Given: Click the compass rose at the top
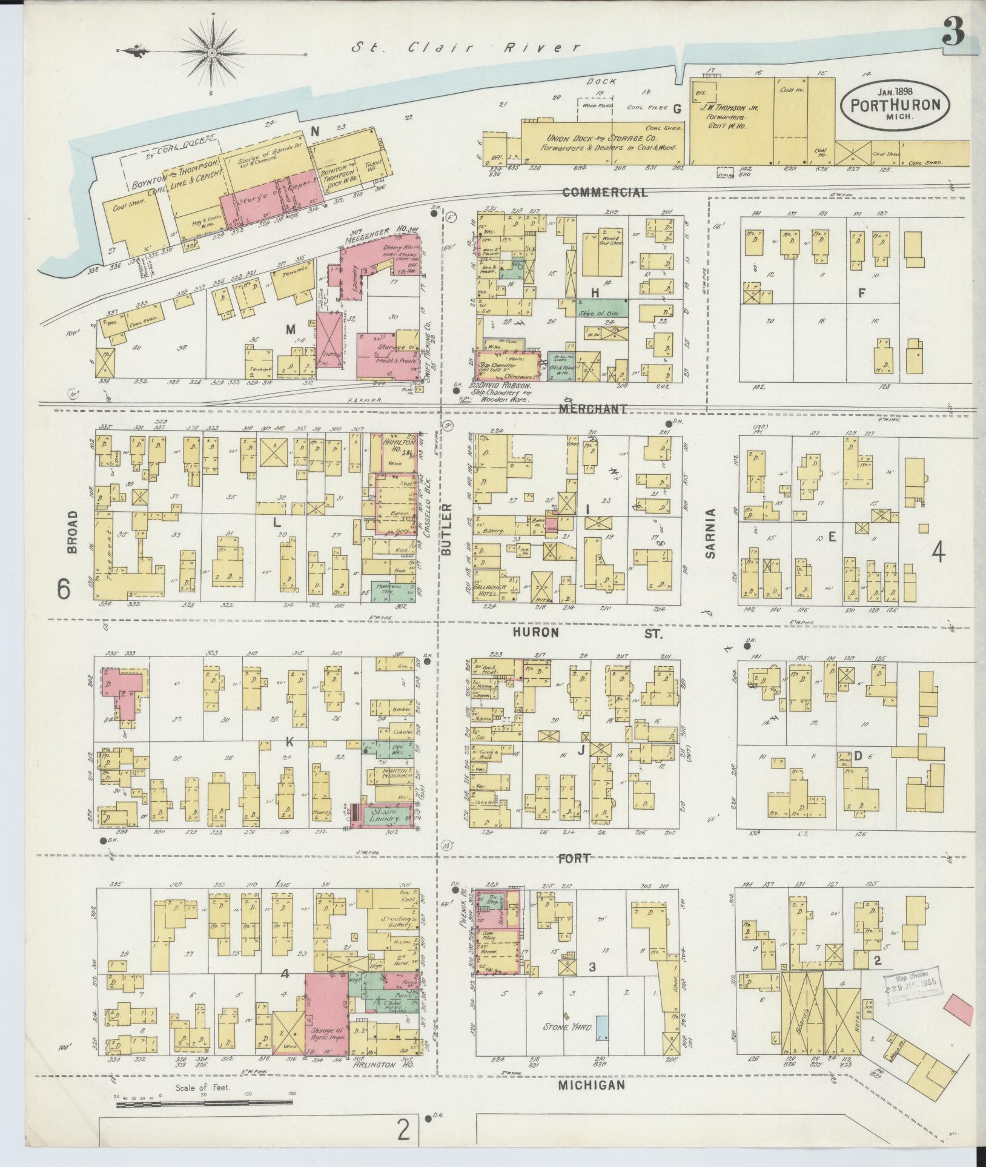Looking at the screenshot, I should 213,53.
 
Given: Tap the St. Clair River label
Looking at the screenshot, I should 467,47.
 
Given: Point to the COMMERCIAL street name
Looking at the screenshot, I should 604,193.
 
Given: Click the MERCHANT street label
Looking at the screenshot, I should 592,409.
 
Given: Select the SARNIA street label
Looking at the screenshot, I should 710,534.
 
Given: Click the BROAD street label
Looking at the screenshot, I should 73,532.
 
